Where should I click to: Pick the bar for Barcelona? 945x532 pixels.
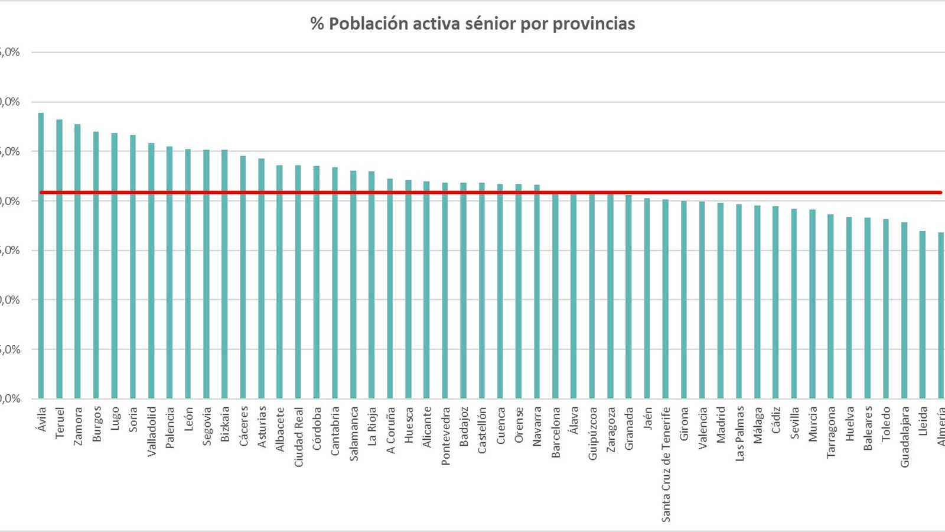[x=555, y=296]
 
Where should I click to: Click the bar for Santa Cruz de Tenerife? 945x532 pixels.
[x=666, y=299]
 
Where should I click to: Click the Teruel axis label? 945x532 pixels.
[x=60, y=422]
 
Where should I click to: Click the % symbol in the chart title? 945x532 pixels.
[x=317, y=24]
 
